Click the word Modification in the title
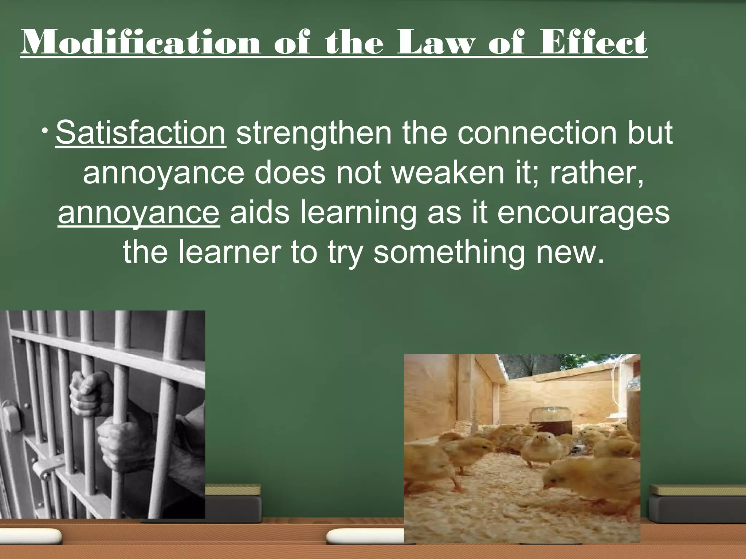[141, 43]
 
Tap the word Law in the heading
[436, 43]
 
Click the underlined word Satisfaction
[141, 133]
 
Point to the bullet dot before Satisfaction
[44, 131]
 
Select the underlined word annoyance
[138, 213]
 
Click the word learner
[229, 252]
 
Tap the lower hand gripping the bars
[117, 442]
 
